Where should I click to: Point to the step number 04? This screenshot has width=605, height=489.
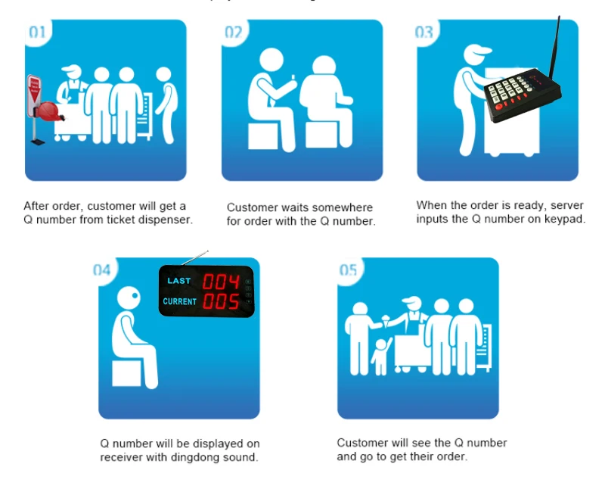pos(102,270)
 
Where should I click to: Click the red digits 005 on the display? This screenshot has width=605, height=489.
pos(221,302)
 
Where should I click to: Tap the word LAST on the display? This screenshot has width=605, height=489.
pos(179,281)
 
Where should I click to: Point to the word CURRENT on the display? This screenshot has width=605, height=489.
pos(179,301)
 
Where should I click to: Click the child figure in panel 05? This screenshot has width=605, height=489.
pos(380,355)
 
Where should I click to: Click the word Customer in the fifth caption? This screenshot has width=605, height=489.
pos(361,443)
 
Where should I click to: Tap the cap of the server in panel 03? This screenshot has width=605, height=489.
pos(476,55)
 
